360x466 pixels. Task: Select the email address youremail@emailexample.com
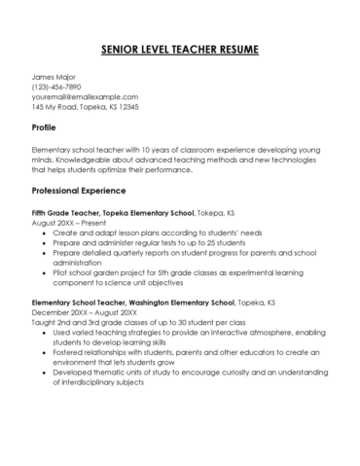86,97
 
